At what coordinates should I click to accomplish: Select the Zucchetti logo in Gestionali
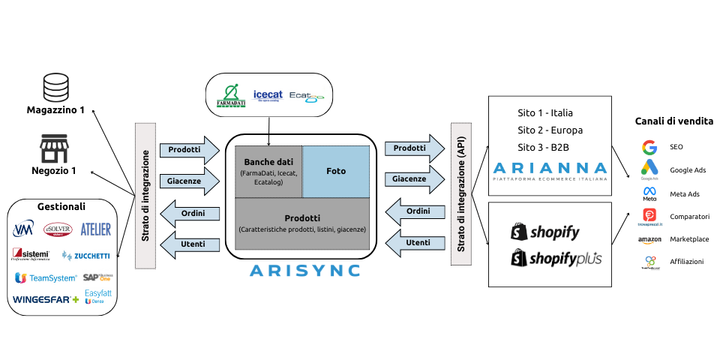point(85,256)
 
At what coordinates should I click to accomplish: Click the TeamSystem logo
point(46,278)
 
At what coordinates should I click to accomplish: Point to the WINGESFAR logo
point(46,299)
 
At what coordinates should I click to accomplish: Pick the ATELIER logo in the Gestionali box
point(95,229)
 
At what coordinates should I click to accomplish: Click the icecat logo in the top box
point(267,95)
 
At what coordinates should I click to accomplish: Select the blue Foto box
point(336,171)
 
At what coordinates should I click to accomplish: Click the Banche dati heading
point(268,161)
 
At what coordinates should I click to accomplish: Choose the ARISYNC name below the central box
point(304,270)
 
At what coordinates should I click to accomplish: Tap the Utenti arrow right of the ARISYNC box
point(413,242)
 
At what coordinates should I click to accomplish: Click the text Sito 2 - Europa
point(550,130)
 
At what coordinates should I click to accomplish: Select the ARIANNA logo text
point(549,167)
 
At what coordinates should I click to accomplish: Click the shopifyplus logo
point(556,259)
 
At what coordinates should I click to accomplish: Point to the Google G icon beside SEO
point(649,147)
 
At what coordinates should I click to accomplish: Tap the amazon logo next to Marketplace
point(649,240)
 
